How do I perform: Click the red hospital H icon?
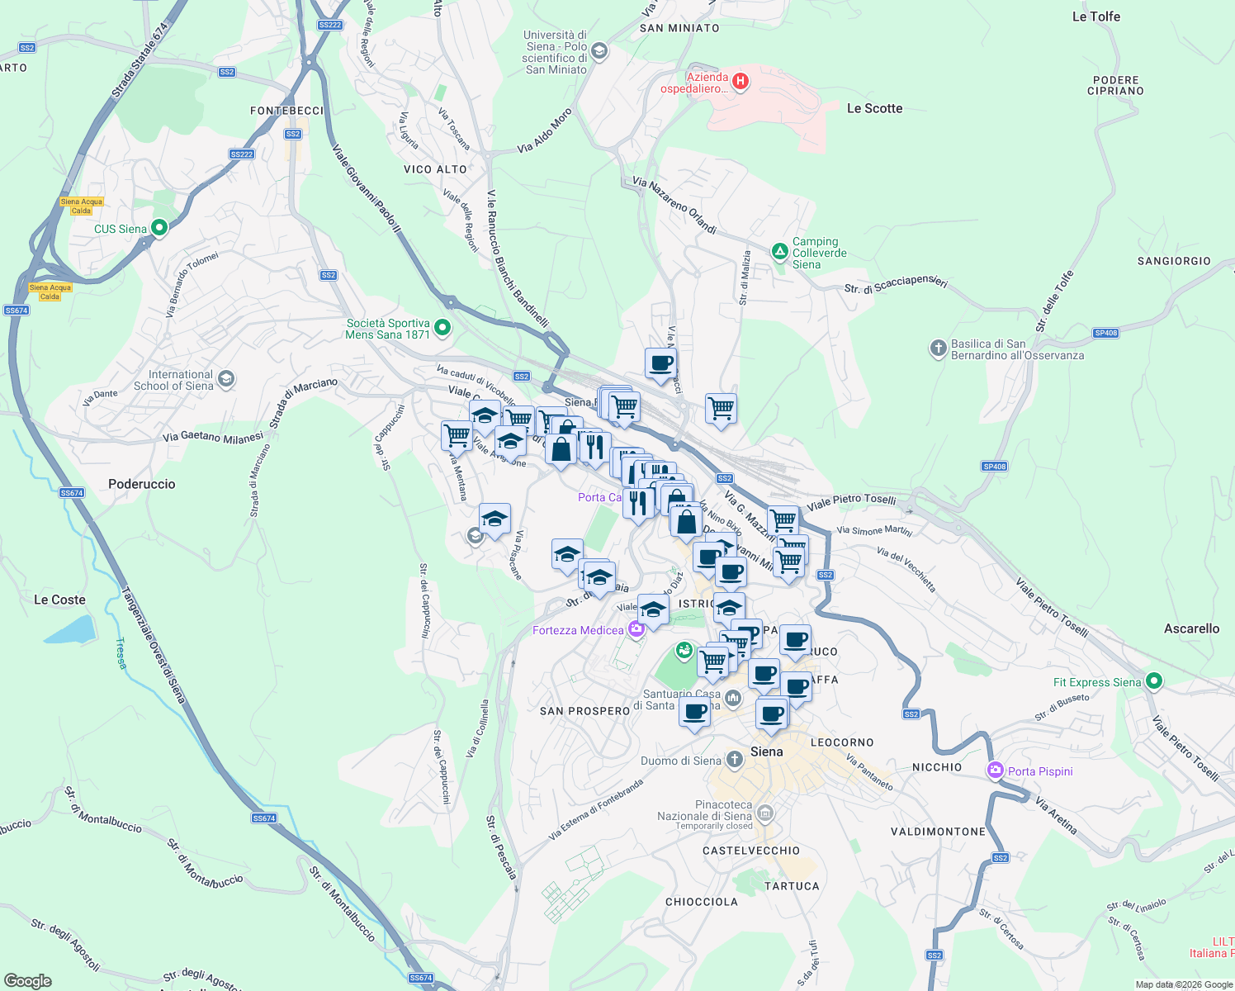(741, 81)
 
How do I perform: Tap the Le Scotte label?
(874, 108)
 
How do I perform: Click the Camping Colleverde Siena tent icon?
(779, 250)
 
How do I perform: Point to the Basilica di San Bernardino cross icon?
(938, 348)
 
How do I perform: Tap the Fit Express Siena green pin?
(1154, 681)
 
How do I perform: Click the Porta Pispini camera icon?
(996, 771)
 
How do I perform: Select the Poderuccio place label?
(142, 484)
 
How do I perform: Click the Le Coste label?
(59, 600)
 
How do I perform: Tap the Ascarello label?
(1191, 628)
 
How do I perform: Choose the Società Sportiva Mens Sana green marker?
(442, 328)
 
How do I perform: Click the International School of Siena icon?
(226, 379)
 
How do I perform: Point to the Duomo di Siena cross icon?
(735, 760)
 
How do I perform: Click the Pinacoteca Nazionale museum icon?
(765, 813)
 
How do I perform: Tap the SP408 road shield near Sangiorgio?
(1105, 333)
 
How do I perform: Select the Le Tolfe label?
(1095, 17)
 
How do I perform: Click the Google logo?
(28, 980)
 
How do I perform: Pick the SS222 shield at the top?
(329, 25)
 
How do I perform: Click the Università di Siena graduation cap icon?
(599, 51)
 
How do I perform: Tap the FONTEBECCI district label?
(287, 111)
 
